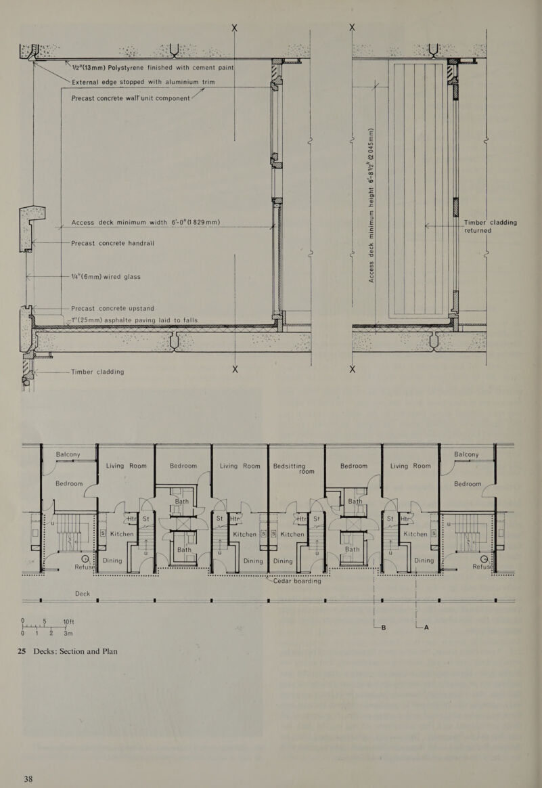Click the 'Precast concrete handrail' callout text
112,243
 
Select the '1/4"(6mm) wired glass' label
106,276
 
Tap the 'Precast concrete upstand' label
112,309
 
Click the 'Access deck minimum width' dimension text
145,223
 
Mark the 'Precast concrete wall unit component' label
131,98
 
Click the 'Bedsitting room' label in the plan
293,468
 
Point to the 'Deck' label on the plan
83,594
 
